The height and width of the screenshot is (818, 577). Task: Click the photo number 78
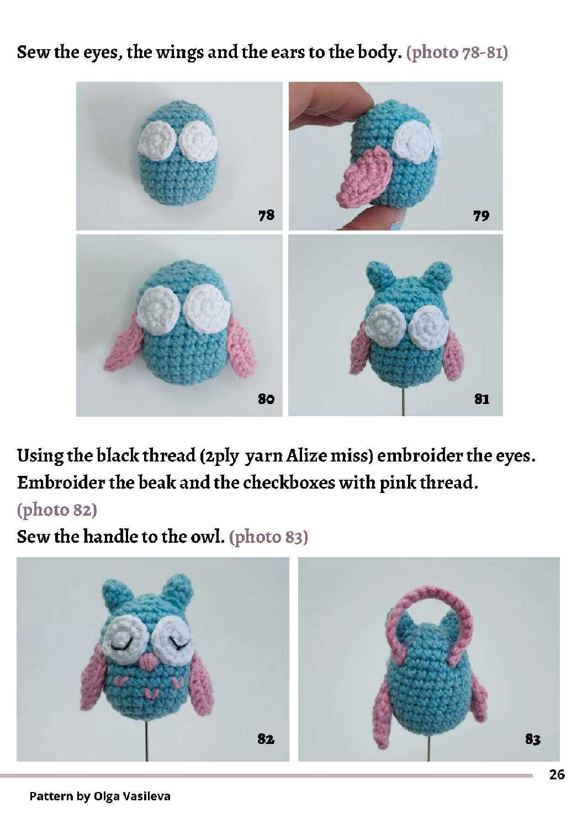pyautogui.click(x=266, y=214)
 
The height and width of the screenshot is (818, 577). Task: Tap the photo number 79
pyautogui.click(x=481, y=216)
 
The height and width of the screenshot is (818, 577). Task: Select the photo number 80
pyautogui.click(x=266, y=398)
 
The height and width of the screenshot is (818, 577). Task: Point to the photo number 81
pyautogui.click(x=481, y=399)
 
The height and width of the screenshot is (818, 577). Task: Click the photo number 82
pyautogui.click(x=266, y=739)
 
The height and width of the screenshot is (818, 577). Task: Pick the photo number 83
pyautogui.click(x=533, y=740)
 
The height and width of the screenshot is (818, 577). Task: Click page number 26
pyautogui.click(x=557, y=774)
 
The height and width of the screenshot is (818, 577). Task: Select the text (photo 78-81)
pyautogui.click(x=457, y=53)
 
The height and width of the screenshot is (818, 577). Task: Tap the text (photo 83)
pyautogui.click(x=268, y=537)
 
